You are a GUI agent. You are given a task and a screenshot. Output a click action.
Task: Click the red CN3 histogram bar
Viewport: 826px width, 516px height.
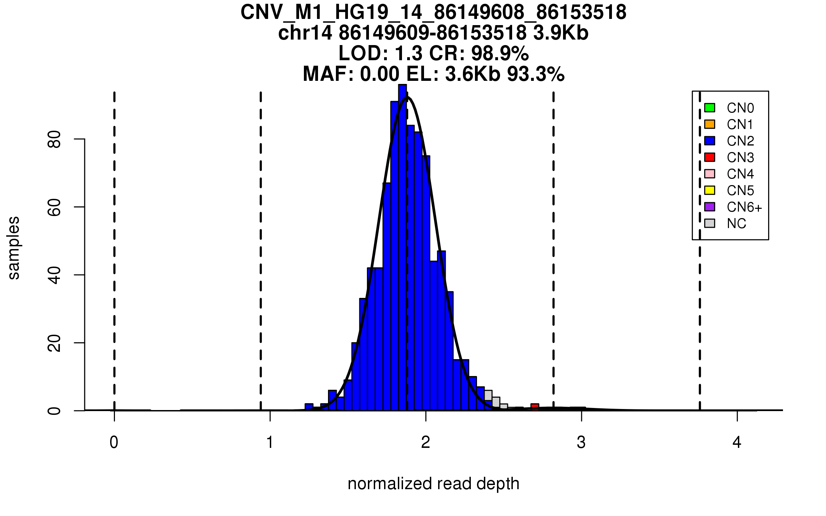coord(534,407)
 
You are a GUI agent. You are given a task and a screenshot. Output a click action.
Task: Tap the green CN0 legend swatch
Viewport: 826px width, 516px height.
coord(710,108)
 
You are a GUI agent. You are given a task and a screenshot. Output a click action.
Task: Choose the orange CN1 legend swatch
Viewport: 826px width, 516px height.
coord(710,124)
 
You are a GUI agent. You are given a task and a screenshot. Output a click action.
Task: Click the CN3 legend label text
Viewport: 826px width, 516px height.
coord(740,158)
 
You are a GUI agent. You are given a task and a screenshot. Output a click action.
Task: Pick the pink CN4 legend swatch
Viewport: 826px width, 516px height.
coord(710,174)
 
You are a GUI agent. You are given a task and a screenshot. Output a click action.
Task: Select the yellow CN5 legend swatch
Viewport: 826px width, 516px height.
coord(710,190)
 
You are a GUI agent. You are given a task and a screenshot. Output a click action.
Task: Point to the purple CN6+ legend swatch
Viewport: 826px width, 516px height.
coord(710,207)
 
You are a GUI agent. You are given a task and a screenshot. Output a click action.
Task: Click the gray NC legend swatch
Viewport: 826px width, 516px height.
coord(710,223)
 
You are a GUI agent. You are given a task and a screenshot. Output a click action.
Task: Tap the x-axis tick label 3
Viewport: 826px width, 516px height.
coord(581,442)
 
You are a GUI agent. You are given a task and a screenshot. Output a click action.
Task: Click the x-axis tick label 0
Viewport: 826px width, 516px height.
coord(114,442)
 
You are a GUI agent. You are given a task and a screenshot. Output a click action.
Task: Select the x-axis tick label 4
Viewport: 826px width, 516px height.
coord(737,442)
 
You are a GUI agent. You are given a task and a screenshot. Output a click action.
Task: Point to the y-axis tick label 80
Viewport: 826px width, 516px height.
coord(54,139)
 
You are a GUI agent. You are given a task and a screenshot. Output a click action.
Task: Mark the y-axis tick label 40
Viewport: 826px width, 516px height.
coord(54,275)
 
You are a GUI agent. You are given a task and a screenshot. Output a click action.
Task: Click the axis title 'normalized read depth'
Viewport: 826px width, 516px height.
coord(433,484)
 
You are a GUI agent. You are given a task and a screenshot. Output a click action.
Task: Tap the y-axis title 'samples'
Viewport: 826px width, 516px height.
coord(14,248)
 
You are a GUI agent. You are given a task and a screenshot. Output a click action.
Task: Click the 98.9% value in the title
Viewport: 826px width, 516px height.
coord(500,53)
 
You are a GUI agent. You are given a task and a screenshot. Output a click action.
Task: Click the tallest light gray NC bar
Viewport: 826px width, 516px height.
coord(488,395)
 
